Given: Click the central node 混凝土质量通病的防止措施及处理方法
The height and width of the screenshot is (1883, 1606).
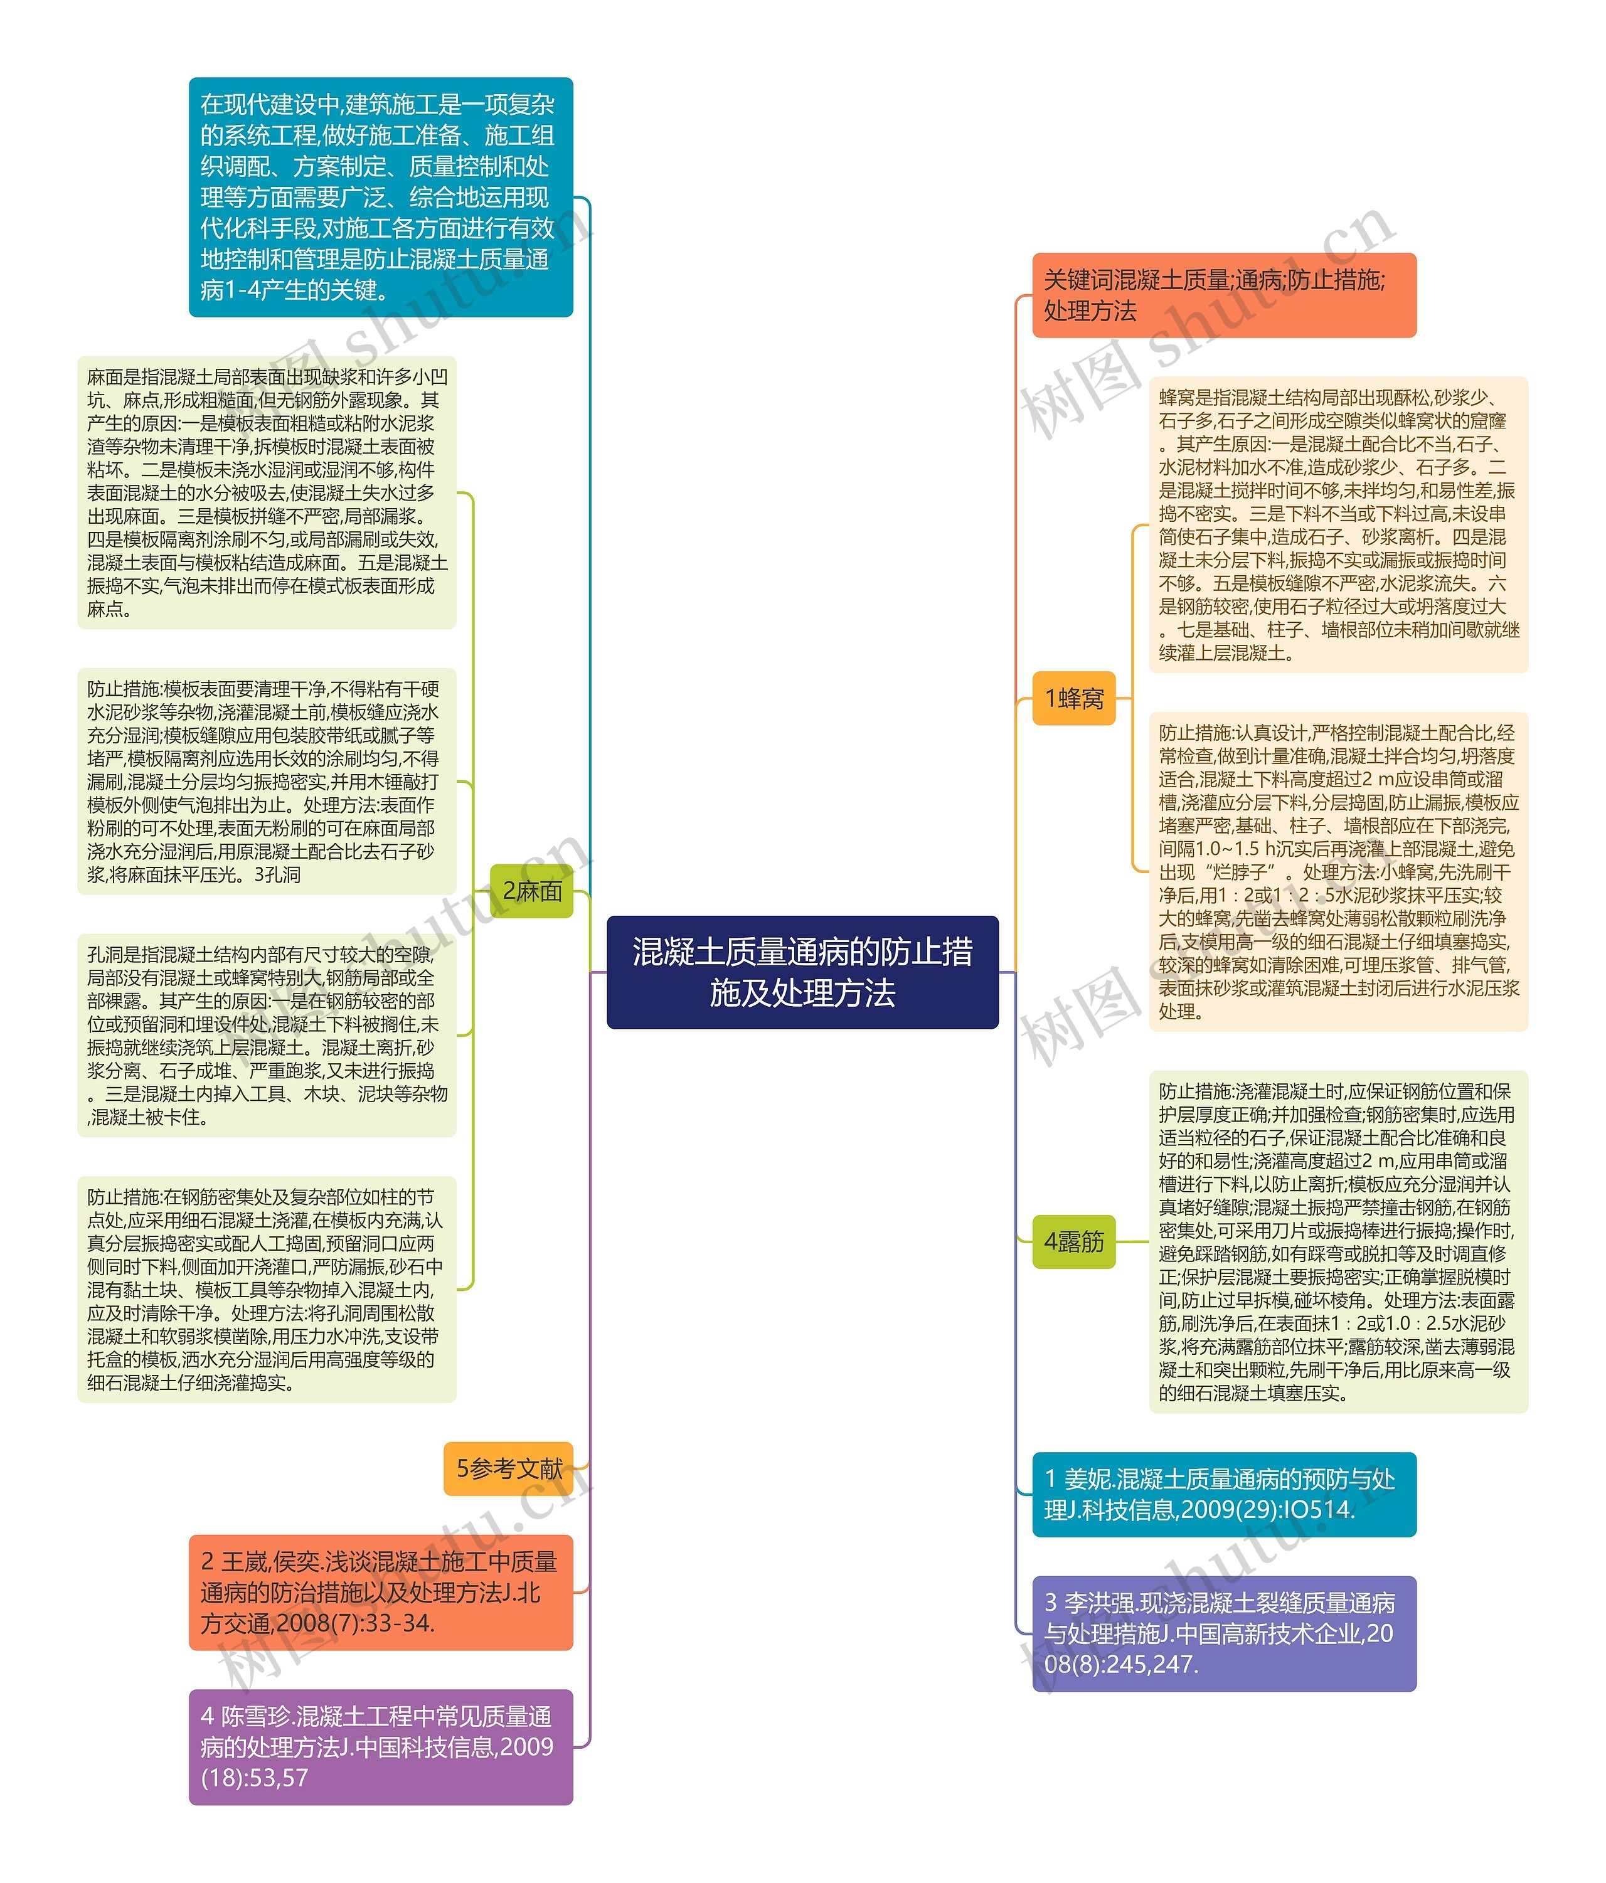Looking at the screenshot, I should (802, 972).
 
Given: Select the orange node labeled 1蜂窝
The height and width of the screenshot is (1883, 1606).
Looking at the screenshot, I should (1073, 698).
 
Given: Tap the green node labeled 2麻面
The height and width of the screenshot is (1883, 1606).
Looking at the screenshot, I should (532, 891).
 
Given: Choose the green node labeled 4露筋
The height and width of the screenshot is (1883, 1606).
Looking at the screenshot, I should (1073, 1241).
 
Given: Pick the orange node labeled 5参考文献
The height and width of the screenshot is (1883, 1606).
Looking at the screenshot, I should (508, 1468).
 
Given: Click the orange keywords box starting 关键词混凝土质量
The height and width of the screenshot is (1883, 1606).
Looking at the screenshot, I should (1223, 295).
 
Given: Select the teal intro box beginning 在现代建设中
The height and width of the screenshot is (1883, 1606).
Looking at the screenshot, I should (380, 197).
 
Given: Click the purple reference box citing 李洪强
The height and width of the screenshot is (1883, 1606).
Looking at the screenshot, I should (1223, 1633).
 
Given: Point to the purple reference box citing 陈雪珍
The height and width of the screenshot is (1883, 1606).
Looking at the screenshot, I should (380, 1747).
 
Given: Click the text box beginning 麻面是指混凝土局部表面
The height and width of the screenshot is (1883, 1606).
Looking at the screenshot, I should (266, 492).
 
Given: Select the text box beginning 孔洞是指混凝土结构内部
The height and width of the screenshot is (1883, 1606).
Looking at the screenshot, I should (266, 1035).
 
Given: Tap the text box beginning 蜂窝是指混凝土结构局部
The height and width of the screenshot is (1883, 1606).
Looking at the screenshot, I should (1338, 524).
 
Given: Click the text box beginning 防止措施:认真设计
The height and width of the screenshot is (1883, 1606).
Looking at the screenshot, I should (1338, 871).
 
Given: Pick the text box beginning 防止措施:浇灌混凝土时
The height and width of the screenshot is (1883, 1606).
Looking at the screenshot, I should (1338, 1241).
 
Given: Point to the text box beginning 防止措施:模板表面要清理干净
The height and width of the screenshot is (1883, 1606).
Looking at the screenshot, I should (266, 782).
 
